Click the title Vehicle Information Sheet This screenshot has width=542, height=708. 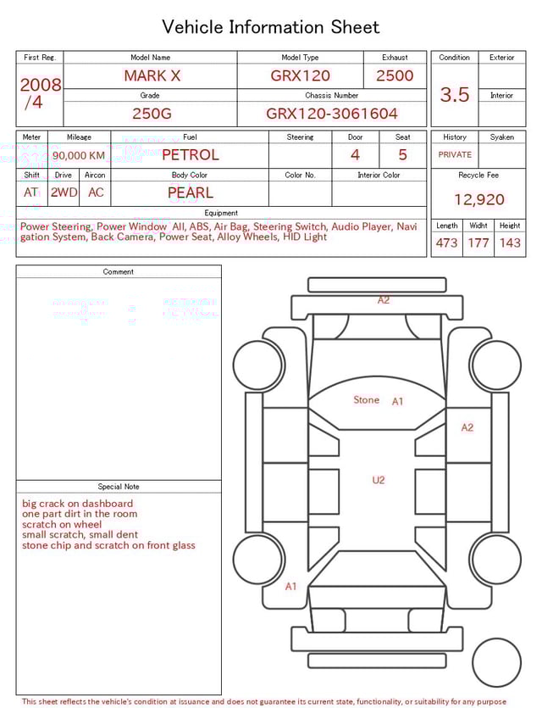click(x=270, y=26)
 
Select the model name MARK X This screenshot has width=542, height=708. click(x=152, y=75)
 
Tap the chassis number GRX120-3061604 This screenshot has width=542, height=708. click(x=332, y=114)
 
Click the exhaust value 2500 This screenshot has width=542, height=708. click(x=395, y=75)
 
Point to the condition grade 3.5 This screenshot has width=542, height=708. click(x=454, y=95)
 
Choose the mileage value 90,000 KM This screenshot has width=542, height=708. click(x=79, y=156)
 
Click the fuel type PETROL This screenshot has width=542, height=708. click(x=190, y=155)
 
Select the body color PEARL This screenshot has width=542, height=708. click(x=190, y=192)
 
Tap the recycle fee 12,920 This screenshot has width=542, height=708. click(x=478, y=200)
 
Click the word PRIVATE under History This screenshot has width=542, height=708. click(x=455, y=155)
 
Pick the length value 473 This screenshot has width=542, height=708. click(x=446, y=243)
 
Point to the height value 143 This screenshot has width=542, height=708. click(x=510, y=243)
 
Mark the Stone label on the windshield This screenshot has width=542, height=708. click(x=367, y=400)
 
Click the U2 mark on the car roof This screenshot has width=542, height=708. click(x=379, y=480)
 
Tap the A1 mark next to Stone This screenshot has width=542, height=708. click(x=398, y=402)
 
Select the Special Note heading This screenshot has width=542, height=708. click(x=119, y=487)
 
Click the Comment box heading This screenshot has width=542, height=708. click(x=119, y=272)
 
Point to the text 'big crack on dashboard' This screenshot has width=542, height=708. click(x=77, y=504)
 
